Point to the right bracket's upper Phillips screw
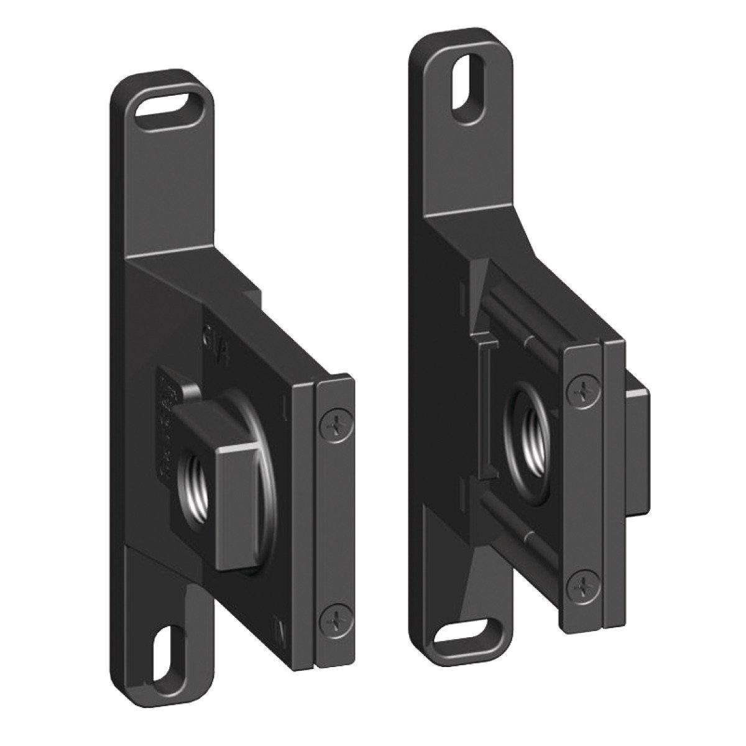[x=583, y=392]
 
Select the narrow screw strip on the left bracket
[x=335, y=522]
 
